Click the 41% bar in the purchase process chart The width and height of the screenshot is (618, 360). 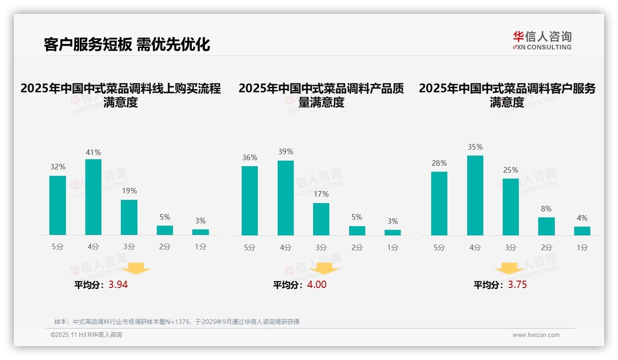(x=93, y=197)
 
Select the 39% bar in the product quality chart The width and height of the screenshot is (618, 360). (x=285, y=198)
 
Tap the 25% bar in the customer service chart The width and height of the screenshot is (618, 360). (x=511, y=207)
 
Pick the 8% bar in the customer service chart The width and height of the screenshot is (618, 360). (x=546, y=226)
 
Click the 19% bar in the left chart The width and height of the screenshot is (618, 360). (x=129, y=217)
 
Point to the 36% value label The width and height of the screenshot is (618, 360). (x=250, y=158)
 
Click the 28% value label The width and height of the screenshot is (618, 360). (x=439, y=163)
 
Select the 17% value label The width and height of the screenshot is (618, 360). (x=321, y=194)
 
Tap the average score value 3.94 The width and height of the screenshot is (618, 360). (x=118, y=285)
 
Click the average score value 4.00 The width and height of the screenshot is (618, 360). (x=316, y=285)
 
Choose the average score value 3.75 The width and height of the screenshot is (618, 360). (x=517, y=285)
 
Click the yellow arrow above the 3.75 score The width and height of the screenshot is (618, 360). (x=509, y=269)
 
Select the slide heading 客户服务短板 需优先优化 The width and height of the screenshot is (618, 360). (x=127, y=44)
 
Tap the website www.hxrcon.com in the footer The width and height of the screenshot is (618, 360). (x=536, y=335)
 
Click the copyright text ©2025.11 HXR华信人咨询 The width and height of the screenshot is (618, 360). (x=86, y=335)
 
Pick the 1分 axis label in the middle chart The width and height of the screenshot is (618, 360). (x=392, y=247)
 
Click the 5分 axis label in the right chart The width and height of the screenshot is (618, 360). (x=439, y=247)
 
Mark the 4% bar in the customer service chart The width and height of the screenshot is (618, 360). (x=582, y=231)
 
